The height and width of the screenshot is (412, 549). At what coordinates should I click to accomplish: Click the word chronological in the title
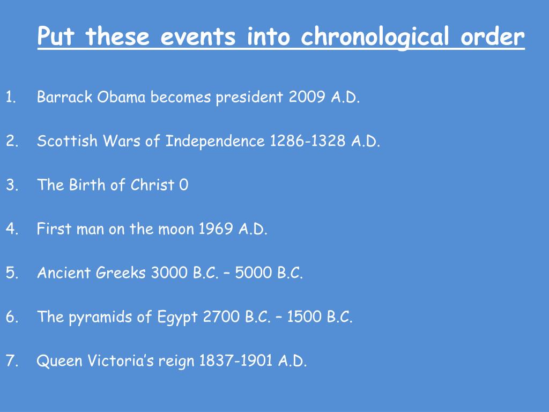[375, 36]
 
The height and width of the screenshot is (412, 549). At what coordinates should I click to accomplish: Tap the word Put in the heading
[56, 36]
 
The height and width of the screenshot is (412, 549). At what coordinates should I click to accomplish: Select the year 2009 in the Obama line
[307, 97]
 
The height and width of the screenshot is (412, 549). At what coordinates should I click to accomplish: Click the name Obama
[121, 97]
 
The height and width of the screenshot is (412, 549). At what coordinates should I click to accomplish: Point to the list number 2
[12, 141]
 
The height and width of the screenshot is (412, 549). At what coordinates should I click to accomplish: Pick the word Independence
[215, 141]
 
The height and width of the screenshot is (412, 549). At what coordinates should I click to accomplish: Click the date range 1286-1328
[308, 141]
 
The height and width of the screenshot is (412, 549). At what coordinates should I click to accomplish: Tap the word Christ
[152, 185]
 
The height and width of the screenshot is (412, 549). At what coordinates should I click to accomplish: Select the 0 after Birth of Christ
[184, 185]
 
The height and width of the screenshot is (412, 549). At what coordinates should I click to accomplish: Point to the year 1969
[216, 229]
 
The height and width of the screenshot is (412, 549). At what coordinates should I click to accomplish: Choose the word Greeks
[121, 273]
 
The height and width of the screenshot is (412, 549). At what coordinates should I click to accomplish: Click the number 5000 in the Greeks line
[254, 273]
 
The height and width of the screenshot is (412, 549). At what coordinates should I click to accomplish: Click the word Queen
[59, 361]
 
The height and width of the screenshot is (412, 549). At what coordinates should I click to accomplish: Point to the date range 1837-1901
[236, 360]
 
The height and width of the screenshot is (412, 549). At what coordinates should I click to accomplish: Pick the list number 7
[12, 360]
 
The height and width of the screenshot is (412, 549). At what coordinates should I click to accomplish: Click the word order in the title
[493, 36]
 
